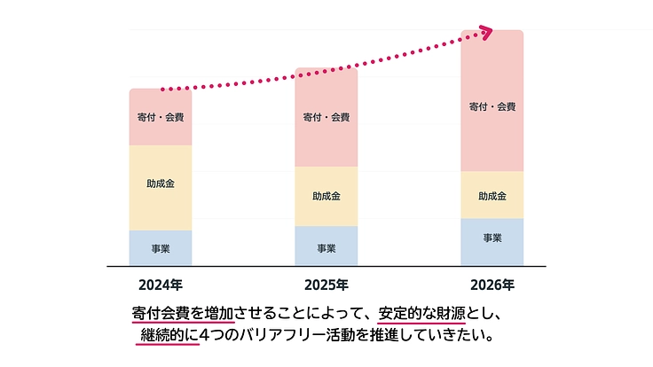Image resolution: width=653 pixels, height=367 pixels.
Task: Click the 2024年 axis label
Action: [x=160, y=285]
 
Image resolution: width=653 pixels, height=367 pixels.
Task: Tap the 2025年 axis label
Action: [x=326, y=285]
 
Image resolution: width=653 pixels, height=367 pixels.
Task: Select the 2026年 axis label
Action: [x=492, y=285]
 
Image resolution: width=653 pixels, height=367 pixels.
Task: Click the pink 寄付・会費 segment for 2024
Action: [x=160, y=117]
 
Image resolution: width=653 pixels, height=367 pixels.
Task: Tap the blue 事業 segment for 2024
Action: [x=160, y=248]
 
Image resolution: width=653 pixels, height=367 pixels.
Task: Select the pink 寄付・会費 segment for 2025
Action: [x=326, y=117]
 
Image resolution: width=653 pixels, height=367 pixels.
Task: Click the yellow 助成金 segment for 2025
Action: [x=326, y=196]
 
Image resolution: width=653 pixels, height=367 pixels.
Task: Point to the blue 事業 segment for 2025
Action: [x=326, y=246]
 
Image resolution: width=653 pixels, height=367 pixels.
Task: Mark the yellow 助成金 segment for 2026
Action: [x=492, y=195]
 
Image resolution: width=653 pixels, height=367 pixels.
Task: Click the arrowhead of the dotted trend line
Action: [x=485, y=32]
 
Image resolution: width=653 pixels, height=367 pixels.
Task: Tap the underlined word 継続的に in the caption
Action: [x=168, y=336]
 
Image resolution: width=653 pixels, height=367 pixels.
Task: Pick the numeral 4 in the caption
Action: [x=207, y=336]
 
